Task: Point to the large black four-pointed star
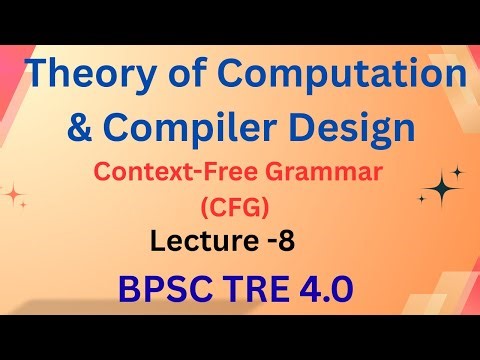click(441, 187)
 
